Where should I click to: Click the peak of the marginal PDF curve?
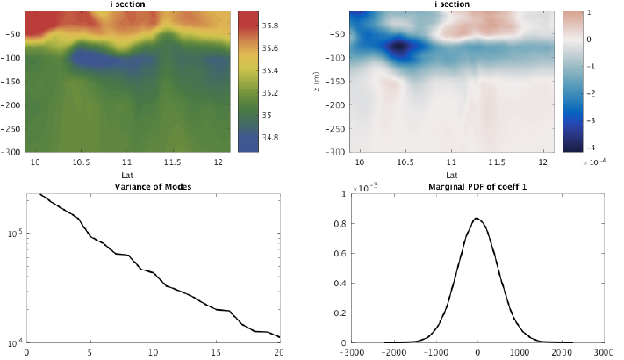[x=475, y=218]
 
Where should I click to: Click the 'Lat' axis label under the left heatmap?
[x=127, y=176]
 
